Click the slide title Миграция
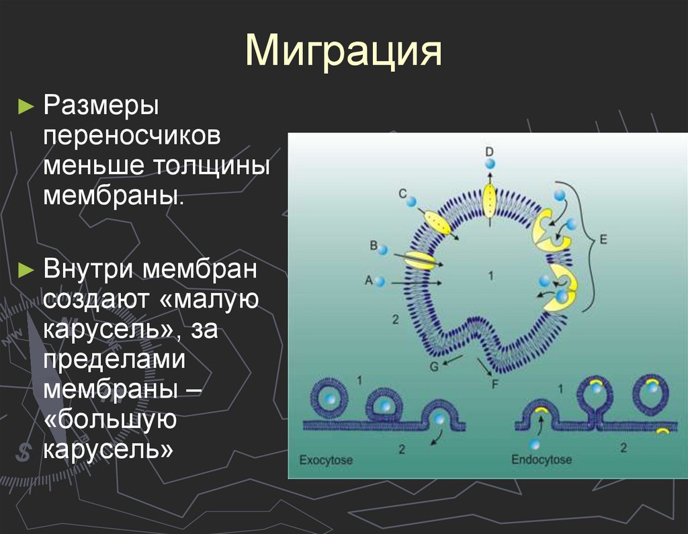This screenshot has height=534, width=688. coord(343,52)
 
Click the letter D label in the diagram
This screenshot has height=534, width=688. coord(489,149)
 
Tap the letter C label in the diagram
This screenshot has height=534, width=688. coord(402,194)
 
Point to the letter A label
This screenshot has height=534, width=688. coord(368,281)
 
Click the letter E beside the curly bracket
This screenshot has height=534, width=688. coord(603,239)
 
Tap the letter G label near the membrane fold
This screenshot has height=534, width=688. coord(433,367)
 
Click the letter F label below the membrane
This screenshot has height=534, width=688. coord(495,385)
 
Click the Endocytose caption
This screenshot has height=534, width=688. coord(542,461)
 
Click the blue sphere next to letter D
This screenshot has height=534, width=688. coord(490,163)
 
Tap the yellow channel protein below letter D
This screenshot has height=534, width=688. coord(490,199)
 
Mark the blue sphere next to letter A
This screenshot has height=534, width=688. coord(380,282)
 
